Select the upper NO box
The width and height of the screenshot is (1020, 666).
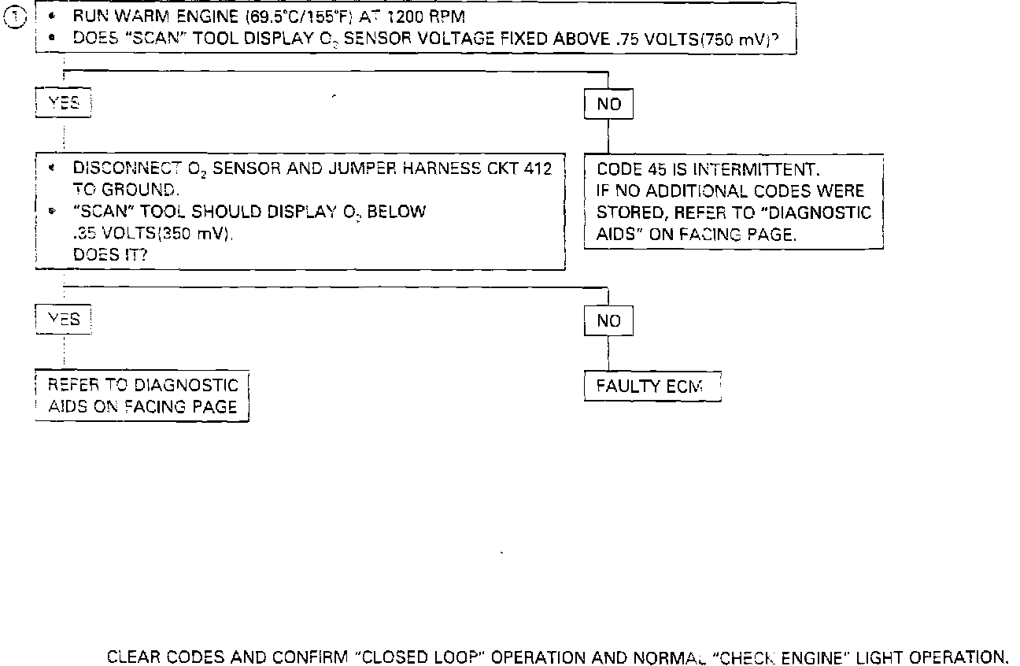tap(608, 104)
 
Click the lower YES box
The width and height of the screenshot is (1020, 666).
tap(64, 319)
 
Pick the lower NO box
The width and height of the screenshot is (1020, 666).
tap(608, 320)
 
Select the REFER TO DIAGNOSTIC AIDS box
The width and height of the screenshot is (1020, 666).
tap(142, 396)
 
